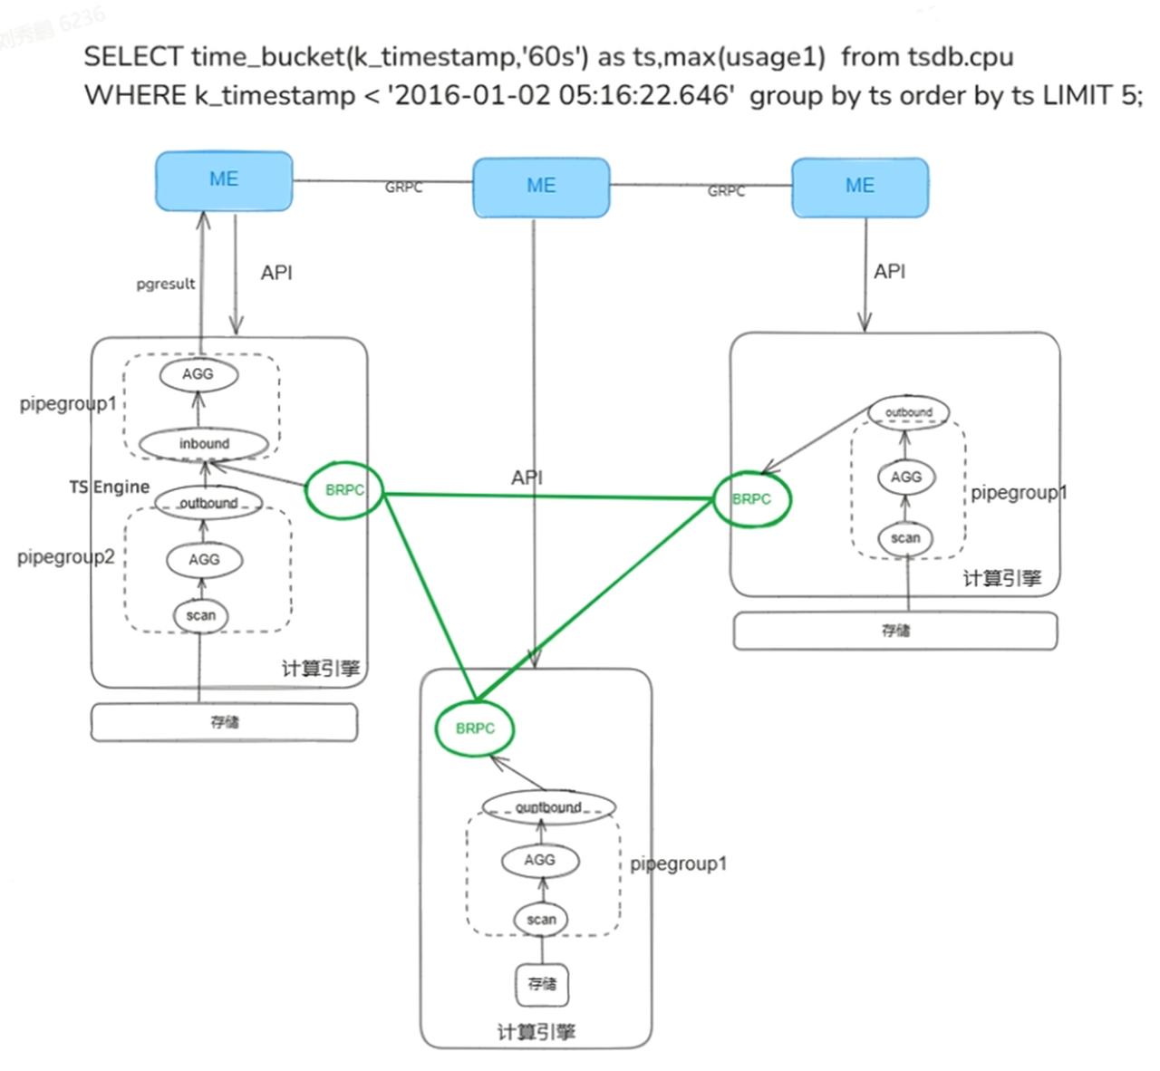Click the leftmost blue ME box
(224, 180)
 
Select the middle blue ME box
(541, 187)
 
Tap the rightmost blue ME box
(860, 187)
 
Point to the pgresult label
(166, 284)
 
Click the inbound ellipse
(204, 444)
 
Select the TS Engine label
(110, 487)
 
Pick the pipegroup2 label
(66, 556)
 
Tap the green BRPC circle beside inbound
(344, 490)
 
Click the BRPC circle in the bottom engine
(475, 728)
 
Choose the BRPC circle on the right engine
(751, 499)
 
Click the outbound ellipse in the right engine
(908, 412)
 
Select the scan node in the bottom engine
(541, 920)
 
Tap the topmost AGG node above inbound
(198, 374)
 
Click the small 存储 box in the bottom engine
(542, 984)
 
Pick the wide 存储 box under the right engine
(895, 631)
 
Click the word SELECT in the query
(132, 57)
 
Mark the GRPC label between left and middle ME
(403, 188)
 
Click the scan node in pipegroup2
(201, 616)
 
